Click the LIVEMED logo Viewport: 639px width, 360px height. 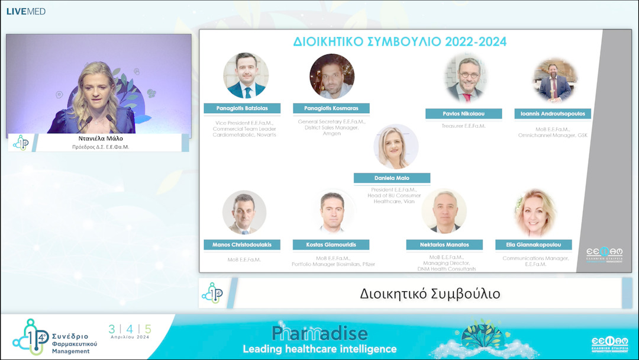point(26,11)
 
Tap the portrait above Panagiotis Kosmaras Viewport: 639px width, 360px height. point(332,76)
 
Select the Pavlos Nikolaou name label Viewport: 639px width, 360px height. point(464,114)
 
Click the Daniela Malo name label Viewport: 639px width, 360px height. point(392,178)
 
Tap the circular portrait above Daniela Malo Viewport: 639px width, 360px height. point(396,147)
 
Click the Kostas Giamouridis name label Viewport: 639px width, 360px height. point(331,245)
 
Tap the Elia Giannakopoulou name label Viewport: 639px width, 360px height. point(534,245)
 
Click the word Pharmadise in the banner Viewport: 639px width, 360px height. point(319,333)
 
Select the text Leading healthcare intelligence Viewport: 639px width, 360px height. point(319,348)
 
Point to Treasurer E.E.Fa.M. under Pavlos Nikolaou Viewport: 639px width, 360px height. point(464,126)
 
